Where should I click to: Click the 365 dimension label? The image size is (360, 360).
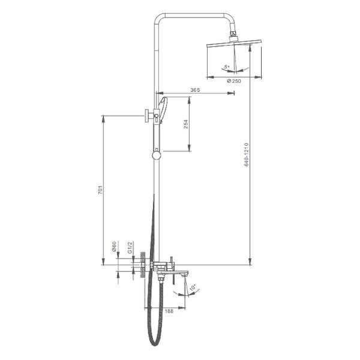(195, 90)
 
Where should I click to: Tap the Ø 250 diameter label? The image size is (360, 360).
(234, 81)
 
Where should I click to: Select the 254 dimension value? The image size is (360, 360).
(186, 124)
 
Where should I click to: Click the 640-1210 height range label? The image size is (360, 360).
(247, 155)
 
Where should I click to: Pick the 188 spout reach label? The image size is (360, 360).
(169, 311)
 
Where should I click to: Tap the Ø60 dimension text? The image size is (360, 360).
(114, 247)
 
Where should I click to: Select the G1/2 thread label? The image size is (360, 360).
(130, 247)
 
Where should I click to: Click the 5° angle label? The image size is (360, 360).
(227, 67)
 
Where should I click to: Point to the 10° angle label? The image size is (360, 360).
(193, 287)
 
